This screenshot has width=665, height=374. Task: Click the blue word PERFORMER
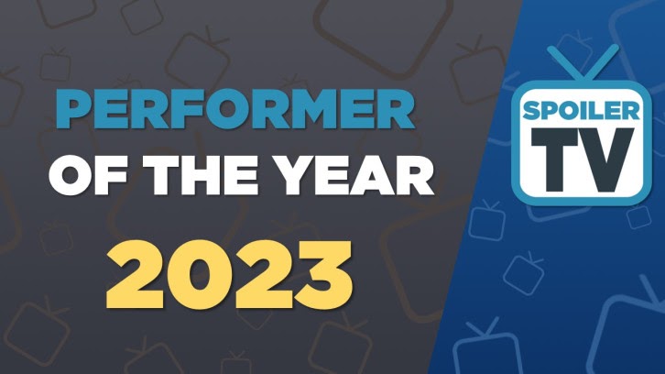pyautogui.click(x=234, y=109)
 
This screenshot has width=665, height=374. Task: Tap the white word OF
pyautogui.click(x=86, y=175)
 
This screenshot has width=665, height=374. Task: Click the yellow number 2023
pyautogui.click(x=229, y=275)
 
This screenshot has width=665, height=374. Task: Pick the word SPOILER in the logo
pyautogui.click(x=581, y=111)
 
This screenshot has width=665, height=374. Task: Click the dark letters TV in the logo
pyautogui.click(x=583, y=160)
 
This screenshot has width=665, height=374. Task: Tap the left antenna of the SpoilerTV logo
pyautogui.click(x=563, y=63)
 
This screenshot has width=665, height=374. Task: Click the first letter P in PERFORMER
pyautogui.click(x=74, y=109)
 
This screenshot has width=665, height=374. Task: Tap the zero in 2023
pyautogui.click(x=198, y=275)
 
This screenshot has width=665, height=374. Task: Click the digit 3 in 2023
pyautogui.click(x=323, y=275)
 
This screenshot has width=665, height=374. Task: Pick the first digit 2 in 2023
pyautogui.click(x=136, y=275)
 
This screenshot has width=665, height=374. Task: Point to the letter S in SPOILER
pyautogui.click(x=532, y=111)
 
